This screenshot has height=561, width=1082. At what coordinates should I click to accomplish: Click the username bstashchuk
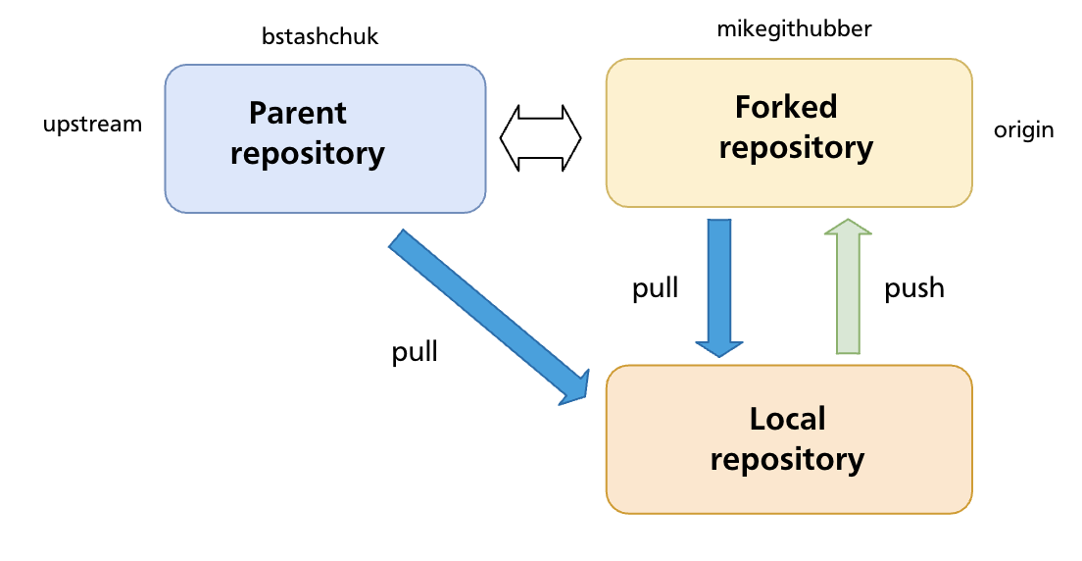coord(320,38)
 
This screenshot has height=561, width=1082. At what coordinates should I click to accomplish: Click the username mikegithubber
coord(794,29)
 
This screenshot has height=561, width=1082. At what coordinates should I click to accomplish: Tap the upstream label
coord(92,125)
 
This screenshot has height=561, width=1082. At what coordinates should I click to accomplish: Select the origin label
coord(1023,130)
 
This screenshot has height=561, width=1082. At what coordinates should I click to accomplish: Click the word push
coord(913,288)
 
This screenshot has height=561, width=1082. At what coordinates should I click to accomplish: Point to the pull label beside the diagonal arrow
coord(415,352)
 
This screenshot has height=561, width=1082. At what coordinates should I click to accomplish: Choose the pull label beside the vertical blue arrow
coord(655,288)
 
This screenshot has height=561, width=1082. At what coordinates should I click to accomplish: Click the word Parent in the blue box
coord(298,114)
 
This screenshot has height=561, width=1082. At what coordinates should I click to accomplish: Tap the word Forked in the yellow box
coord(786,106)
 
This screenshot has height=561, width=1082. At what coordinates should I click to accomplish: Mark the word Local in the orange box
coord(787,420)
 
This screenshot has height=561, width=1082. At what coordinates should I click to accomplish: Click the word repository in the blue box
coord(307,154)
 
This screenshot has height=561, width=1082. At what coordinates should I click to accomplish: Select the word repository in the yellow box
coord(795,147)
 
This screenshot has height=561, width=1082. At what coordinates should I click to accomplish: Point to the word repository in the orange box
coord(787,459)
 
